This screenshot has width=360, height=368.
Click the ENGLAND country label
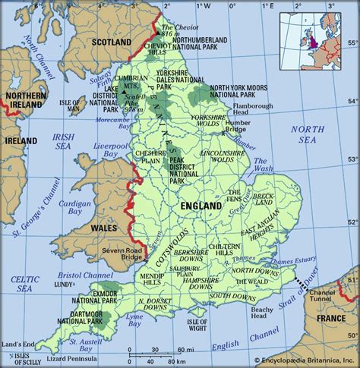[x=201, y=206]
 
